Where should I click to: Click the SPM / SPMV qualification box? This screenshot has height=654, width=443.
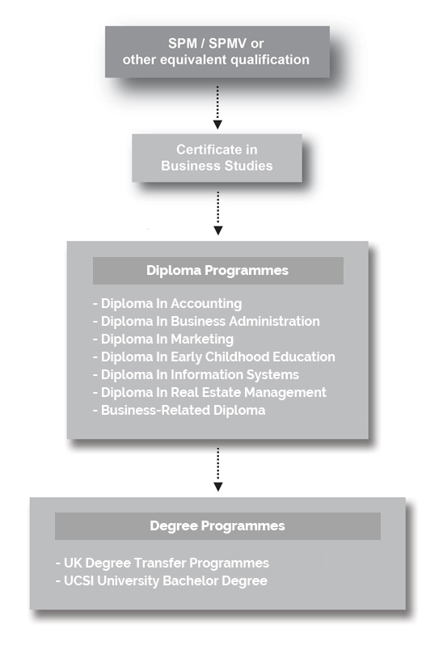tap(217, 52)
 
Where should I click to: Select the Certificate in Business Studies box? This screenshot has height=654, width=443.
tap(217, 158)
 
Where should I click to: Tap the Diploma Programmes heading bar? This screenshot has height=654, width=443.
tap(217, 270)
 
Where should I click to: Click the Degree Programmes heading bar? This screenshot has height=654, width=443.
tap(217, 526)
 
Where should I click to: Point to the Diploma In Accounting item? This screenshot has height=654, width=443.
tap(167, 304)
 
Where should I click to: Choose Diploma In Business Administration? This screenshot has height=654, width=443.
tap(206, 321)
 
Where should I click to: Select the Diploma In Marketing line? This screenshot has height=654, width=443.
tap(163, 340)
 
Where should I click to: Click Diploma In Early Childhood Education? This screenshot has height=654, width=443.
tap(214, 357)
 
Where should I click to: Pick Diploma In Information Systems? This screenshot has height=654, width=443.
tap(196, 375)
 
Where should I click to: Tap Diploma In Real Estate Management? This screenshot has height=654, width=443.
tap(209, 393)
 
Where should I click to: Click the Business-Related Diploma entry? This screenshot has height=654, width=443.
tap(179, 411)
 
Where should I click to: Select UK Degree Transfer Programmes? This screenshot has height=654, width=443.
tap(162, 563)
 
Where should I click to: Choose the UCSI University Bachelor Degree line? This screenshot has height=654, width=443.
tap(162, 581)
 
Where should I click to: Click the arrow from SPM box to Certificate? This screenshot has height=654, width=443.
tap(217, 108)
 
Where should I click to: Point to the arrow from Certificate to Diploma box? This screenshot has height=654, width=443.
tap(217, 213)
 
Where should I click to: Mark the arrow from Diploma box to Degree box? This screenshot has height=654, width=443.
tap(217, 470)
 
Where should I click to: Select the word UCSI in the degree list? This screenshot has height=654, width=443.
tap(78, 581)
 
